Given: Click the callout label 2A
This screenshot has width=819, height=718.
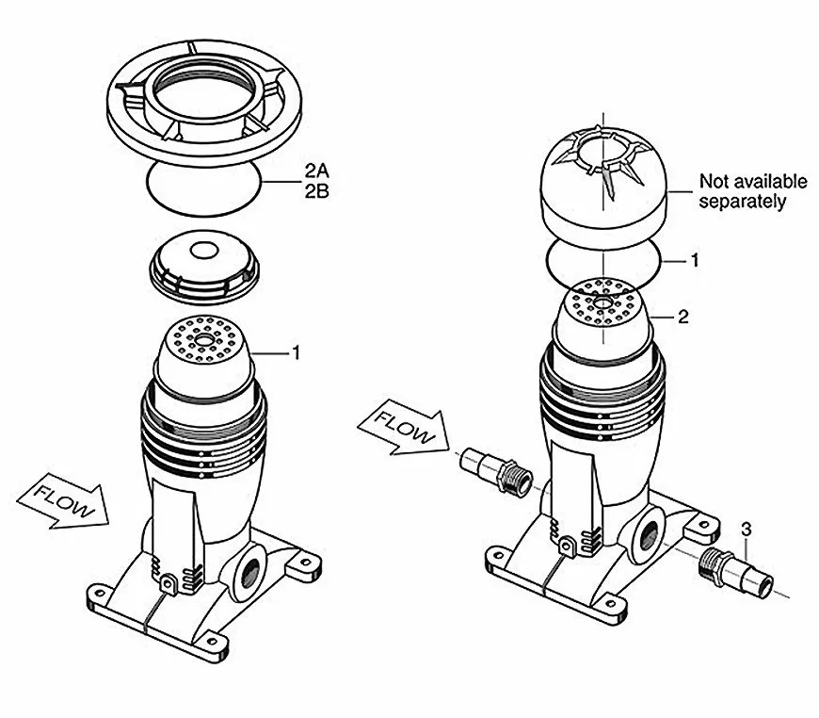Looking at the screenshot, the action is pyautogui.click(x=317, y=171).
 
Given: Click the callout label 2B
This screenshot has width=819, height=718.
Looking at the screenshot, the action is pyautogui.click(x=317, y=191).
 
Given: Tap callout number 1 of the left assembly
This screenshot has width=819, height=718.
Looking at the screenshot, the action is pyautogui.click(x=297, y=353).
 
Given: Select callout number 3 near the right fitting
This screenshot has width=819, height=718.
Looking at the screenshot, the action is pyautogui.click(x=747, y=530).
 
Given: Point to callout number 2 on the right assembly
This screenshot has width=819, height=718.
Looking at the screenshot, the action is pyautogui.click(x=683, y=317).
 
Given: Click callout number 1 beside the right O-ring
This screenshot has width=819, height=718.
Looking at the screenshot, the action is pyautogui.click(x=695, y=260).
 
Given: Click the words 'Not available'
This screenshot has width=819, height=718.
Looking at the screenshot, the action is pyautogui.click(x=753, y=182).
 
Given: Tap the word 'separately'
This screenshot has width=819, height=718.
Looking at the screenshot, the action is pyautogui.click(x=742, y=202).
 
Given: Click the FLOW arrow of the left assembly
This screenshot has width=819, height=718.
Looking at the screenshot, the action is pyautogui.click(x=63, y=501).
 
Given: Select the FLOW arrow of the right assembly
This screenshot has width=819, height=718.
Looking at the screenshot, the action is pyautogui.click(x=403, y=427).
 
